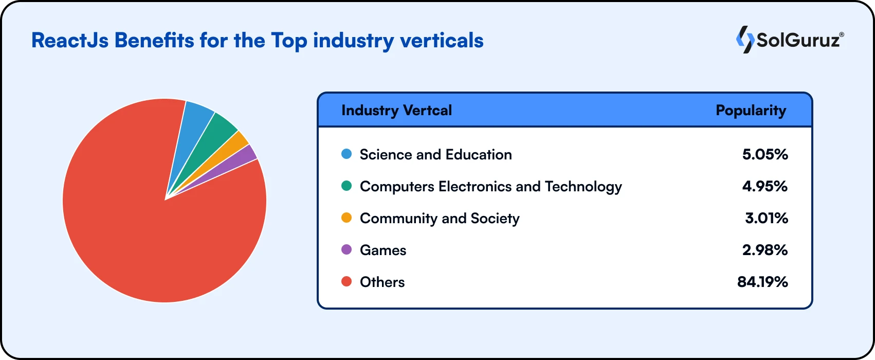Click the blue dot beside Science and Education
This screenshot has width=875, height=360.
(347, 154)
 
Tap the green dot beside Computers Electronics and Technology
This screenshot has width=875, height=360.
(347, 186)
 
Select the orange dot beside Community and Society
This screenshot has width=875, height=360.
(347, 218)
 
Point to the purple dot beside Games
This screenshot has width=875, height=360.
(347, 250)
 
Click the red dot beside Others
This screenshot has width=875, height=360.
(347, 282)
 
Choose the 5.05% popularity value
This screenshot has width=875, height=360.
(765, 154)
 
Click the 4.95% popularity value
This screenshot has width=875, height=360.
(765, 186)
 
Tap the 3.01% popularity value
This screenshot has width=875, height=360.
(767, 218)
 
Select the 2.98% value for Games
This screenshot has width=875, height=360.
(765, 250)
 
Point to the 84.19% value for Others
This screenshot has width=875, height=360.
(762, 282)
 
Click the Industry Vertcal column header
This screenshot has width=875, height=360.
(396, 110)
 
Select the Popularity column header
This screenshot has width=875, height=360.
(751, 110)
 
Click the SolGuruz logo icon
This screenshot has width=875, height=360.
(744, 40)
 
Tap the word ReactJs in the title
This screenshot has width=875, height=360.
(70, 41)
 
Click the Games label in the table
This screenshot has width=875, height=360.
(383, 250)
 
